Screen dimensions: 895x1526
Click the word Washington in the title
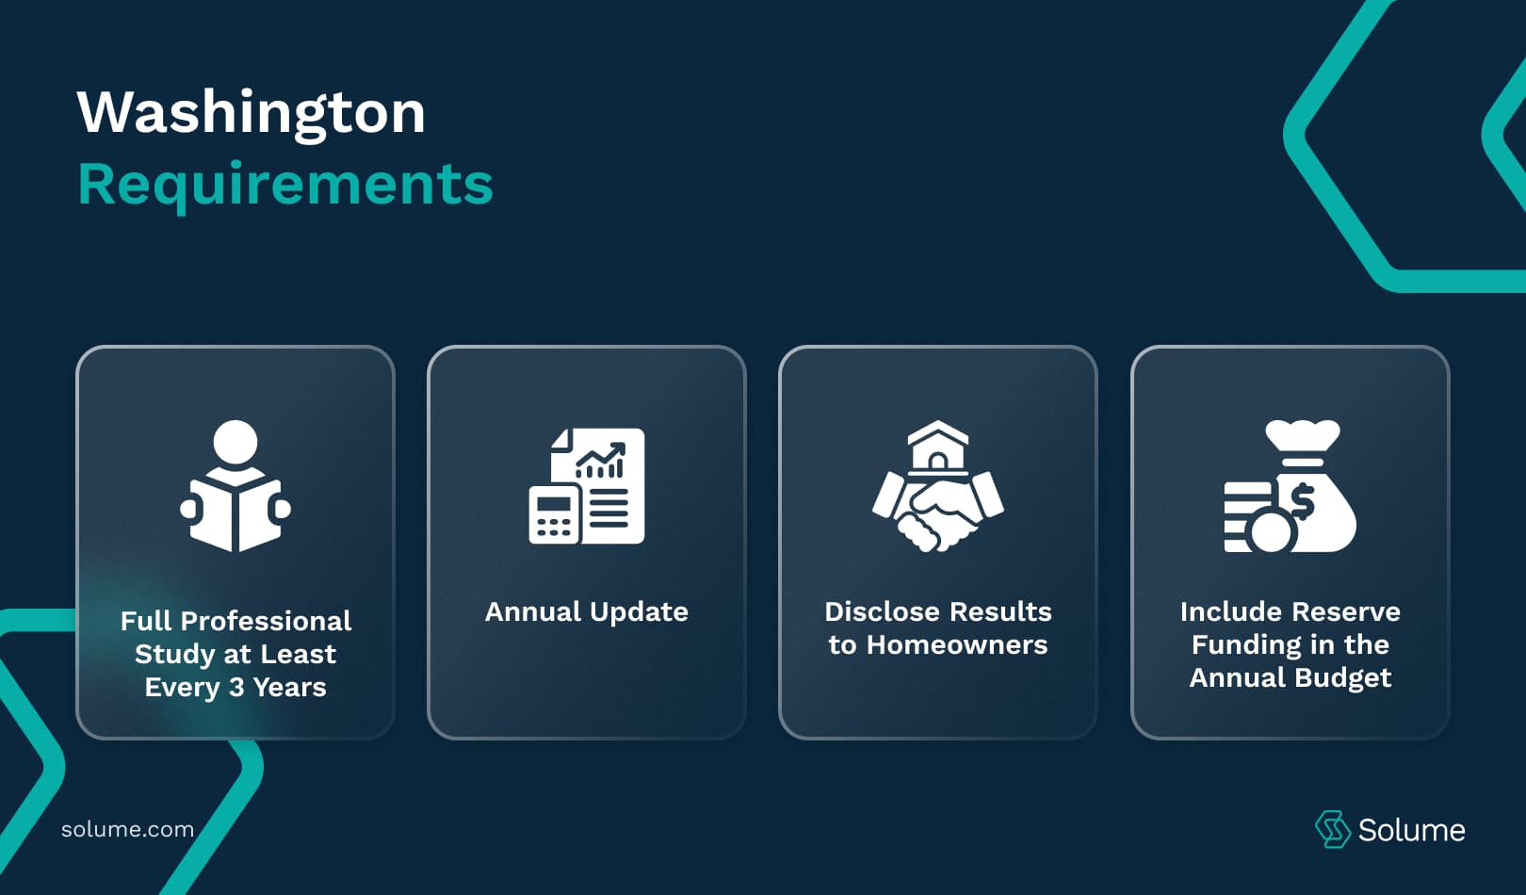[251, 113]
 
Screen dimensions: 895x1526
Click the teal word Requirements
[284, 184]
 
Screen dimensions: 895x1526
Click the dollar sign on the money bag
[1303, 502]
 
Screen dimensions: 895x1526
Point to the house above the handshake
[937, 446]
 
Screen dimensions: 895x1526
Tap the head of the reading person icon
[235, 441]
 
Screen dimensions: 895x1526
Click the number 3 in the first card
[236, 688]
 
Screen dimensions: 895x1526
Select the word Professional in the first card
[266, 622]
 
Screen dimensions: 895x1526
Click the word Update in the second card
[639, 612]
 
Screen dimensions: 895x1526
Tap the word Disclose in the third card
[880, 612]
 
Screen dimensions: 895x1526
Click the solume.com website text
[127, 830]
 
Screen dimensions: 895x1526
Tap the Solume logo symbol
[1332, 829]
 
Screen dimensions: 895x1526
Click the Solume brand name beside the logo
[1411, 830]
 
